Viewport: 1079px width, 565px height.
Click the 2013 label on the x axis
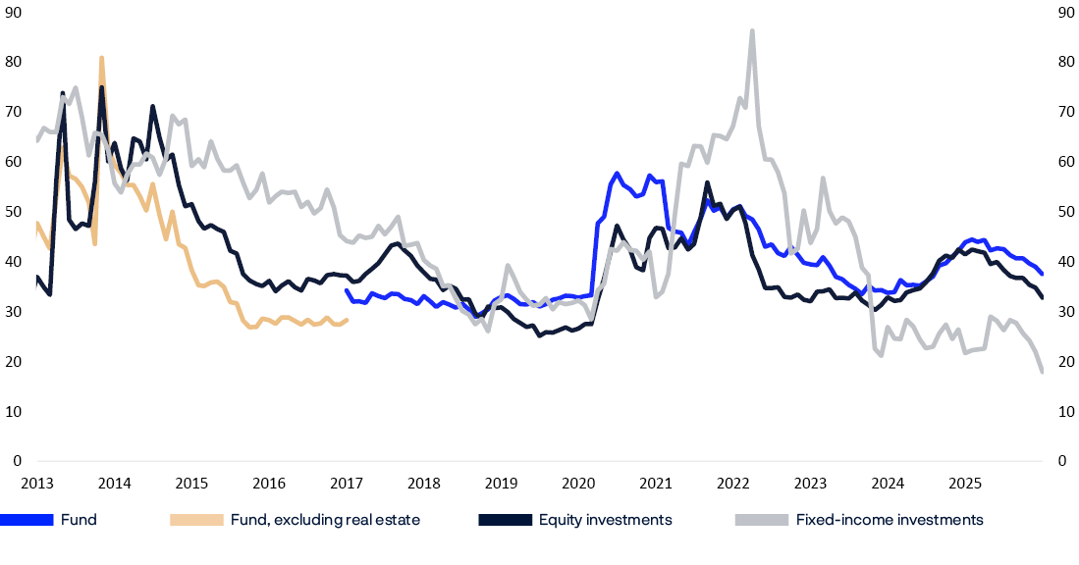click(36, 483)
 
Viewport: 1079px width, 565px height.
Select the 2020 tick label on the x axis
click(578, 483)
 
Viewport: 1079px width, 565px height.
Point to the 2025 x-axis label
click(965, 483)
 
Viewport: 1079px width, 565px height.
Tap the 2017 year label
click(347, 483)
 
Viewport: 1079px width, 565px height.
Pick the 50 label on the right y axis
click(1063, 212)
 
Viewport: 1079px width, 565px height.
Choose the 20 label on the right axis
click(1063, 362)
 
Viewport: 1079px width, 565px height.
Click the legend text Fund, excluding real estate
click(325, 520)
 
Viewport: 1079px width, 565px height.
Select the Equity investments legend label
click(606, 520)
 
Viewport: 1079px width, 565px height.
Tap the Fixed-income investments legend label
click(890, 520)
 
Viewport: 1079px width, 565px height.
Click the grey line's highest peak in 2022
click(752, 31)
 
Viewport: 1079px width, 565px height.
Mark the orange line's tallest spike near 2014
click(101, 58)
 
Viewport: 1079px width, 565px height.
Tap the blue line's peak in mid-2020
click(617, 174)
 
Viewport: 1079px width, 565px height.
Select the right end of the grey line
click(1042, 372)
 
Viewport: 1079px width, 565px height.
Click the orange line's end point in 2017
click(348, 319)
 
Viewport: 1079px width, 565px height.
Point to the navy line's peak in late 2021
click(707, 182)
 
